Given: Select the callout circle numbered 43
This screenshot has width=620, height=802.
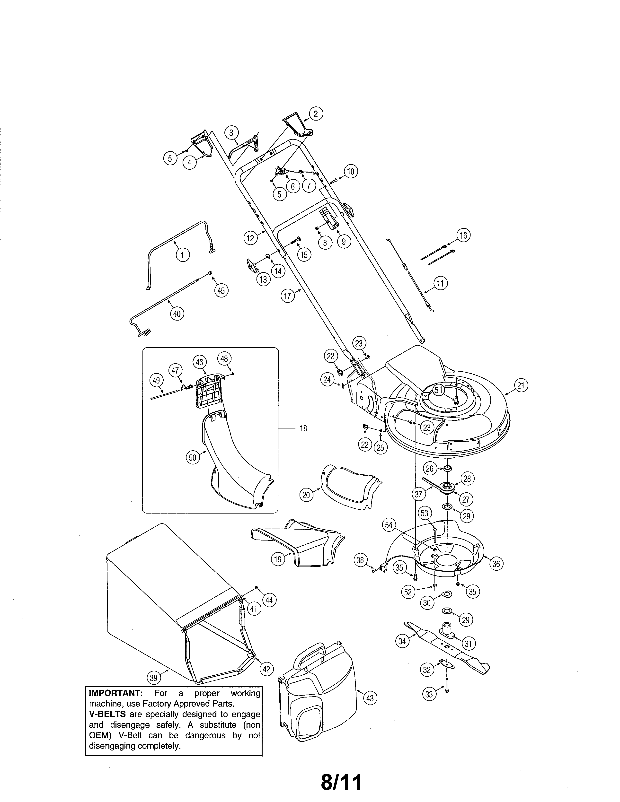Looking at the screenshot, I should point(370,698).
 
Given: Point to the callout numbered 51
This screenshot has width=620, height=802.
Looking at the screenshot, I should point(439,390).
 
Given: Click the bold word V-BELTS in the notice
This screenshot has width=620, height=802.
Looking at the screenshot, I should point(107,714).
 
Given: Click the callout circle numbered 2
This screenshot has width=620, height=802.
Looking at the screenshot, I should point(316,114).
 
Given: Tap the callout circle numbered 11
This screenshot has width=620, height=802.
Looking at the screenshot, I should point(440,283).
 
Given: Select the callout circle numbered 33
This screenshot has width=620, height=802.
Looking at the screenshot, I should point(429,694).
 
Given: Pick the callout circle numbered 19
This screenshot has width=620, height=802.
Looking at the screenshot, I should point(278,559).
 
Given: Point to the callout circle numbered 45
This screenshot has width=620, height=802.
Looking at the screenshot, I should point(221,291).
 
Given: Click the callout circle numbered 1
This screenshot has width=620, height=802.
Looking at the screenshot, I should point(183,254).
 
